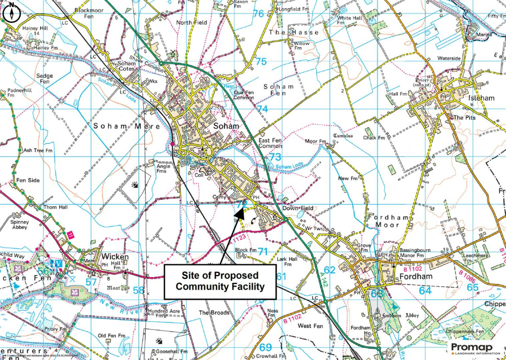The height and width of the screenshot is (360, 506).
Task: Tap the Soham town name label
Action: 226,126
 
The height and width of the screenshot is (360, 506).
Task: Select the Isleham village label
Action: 480,98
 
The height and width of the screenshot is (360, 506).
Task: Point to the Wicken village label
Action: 115,257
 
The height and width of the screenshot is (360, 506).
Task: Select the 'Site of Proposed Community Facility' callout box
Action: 220,281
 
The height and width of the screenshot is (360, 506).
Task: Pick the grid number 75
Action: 261,62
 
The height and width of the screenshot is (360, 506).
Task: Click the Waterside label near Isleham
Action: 448,58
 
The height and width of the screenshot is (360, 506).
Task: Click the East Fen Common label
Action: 270,143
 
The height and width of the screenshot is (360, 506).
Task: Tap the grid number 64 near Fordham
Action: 425,291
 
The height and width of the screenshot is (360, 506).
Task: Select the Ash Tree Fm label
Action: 35,151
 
